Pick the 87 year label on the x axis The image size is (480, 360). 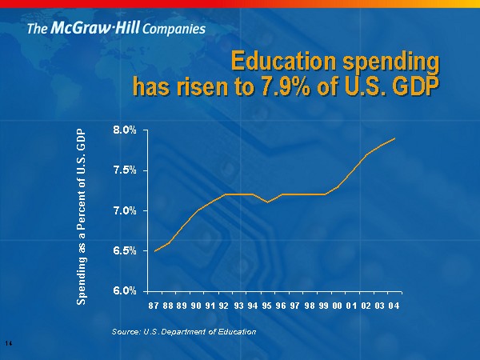pos(154,306)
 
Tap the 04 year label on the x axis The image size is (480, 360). pos(394,306)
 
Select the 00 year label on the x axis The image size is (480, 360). pos(338,306)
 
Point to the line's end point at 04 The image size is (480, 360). pos(395,138)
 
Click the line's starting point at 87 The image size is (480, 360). pos(154,251)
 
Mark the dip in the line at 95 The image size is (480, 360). pos(268,202)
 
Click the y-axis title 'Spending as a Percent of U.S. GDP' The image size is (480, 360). pos(82,215)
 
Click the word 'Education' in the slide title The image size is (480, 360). pos(279,62)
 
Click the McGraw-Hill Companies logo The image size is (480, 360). pos(116,30)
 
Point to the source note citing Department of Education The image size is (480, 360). pos(185,331)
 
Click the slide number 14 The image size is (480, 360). pos(8,343)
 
